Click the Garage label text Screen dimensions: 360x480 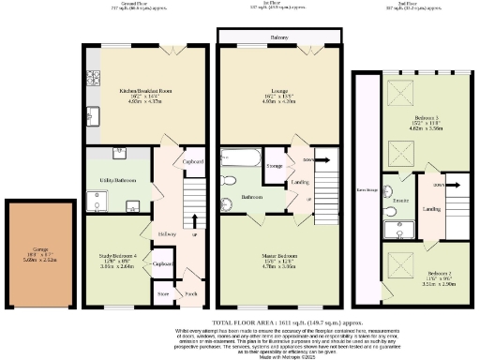point(37,249)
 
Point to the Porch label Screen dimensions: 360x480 point(190,293)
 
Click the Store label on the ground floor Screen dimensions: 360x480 point(163,293)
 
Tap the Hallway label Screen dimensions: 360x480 point(167,233)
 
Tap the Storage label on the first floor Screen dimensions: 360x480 point(274,167)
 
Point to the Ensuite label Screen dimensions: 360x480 point(397,201)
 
